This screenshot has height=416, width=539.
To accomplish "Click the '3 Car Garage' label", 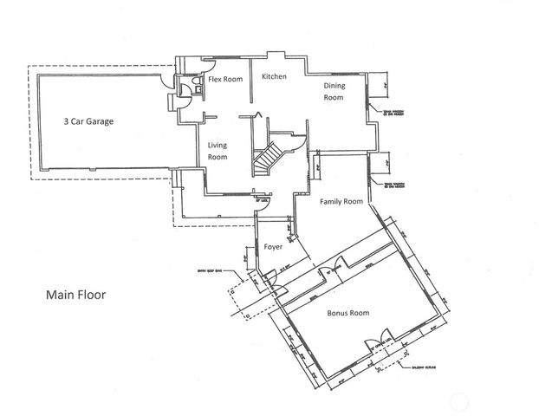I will click(x=89, y=121).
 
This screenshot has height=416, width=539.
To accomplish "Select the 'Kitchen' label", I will click(x=274, y=77).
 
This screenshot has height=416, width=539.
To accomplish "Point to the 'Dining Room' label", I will click(x=334, y=91).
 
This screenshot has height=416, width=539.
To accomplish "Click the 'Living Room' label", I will click(x=218, y=152).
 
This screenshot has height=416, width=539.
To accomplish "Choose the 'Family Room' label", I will click(x=341, y=201).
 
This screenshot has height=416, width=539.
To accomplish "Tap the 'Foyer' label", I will click(x=273, y=247).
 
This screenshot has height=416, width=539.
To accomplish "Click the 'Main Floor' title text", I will click(x=76, y=294).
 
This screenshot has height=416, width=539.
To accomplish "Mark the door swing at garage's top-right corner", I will click(x=165, y=81).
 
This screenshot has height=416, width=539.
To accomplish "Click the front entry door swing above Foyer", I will click(x=262, y=203).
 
